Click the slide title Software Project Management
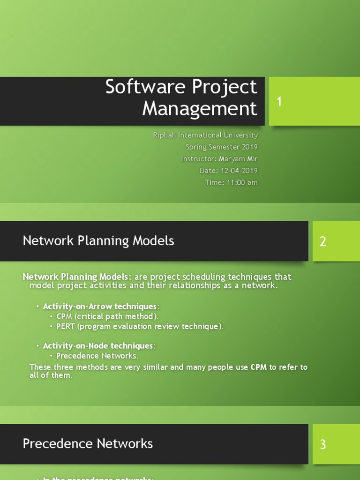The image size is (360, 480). click(181, 97)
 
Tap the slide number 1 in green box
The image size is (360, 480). click(279, 102)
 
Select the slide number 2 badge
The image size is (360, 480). click(323, 241)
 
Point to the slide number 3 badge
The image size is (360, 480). click(323, 444)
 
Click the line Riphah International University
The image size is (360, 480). click(205, 135)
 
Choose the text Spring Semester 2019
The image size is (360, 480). click(221, 147)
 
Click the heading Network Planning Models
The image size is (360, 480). click(98, 241)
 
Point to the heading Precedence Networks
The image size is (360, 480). click(88, 443)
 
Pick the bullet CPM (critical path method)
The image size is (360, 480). click(107, 316)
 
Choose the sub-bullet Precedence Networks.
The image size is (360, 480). click(97, 356)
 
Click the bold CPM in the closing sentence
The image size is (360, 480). click(259, 367)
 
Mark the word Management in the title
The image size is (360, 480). click(200, 109)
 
